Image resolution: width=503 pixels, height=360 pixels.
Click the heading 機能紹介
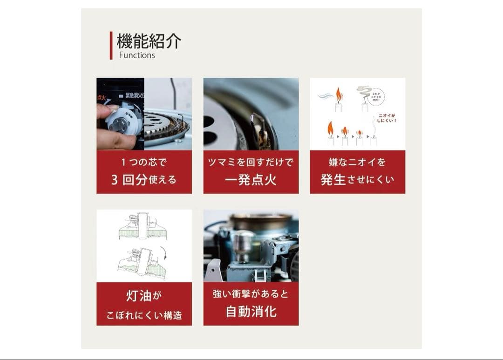coord(149,41)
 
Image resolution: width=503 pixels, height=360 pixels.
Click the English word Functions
coord(137,55)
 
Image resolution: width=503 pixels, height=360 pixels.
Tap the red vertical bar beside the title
coord(111,46)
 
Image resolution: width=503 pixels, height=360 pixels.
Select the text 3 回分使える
coord(144,180)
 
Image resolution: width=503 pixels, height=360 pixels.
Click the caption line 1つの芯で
coord(144,163)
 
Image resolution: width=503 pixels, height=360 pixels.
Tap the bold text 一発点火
coord(251,180)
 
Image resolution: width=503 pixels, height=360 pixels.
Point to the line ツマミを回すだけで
coord(251,163)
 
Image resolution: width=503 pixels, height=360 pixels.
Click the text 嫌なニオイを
coord(357,163)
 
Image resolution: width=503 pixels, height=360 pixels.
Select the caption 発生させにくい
coord(357,180)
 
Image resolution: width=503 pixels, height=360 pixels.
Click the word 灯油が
coord(144,296)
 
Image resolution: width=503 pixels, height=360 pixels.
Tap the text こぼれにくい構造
coord(144,315)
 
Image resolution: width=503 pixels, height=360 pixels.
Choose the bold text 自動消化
coord(251,311)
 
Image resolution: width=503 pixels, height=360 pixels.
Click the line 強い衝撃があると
coord(251,294)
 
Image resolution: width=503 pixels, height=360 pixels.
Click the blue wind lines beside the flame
coord(325,96)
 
